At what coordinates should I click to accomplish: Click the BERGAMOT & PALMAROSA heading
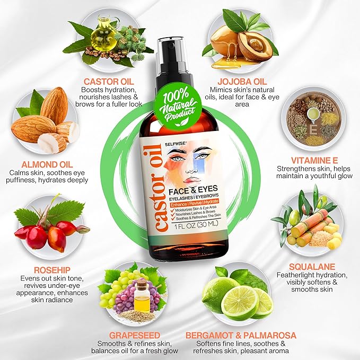coord(241,335)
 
